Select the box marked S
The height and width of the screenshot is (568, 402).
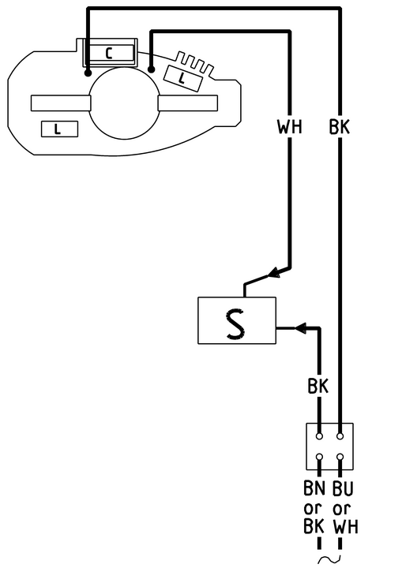coord(237,320)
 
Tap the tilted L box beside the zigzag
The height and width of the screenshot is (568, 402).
coord(182,78)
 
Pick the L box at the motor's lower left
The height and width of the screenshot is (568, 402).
coord(59,129)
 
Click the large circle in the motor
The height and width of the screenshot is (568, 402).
coord(125,103)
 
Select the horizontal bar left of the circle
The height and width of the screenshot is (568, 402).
coord(61,103)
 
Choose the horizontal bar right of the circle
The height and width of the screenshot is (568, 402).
coord(188,103)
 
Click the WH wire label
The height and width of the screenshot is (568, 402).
coord(289,127)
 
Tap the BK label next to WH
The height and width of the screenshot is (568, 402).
coord(340,127)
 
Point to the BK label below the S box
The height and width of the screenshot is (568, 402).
coord(318,386)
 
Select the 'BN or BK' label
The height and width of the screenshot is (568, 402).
coord(314,507)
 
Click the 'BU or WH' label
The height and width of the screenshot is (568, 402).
coord(345,507)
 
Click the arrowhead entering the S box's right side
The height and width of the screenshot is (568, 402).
coord(300,328)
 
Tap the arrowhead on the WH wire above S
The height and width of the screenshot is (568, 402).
coord(274,273)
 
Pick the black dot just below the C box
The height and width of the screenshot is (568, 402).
coord(88,73)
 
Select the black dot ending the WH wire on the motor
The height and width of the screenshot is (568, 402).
coord(152,69)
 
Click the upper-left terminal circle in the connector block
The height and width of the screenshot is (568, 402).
coord(319,436)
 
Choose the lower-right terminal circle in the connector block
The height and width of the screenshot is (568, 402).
coord(340,457)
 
